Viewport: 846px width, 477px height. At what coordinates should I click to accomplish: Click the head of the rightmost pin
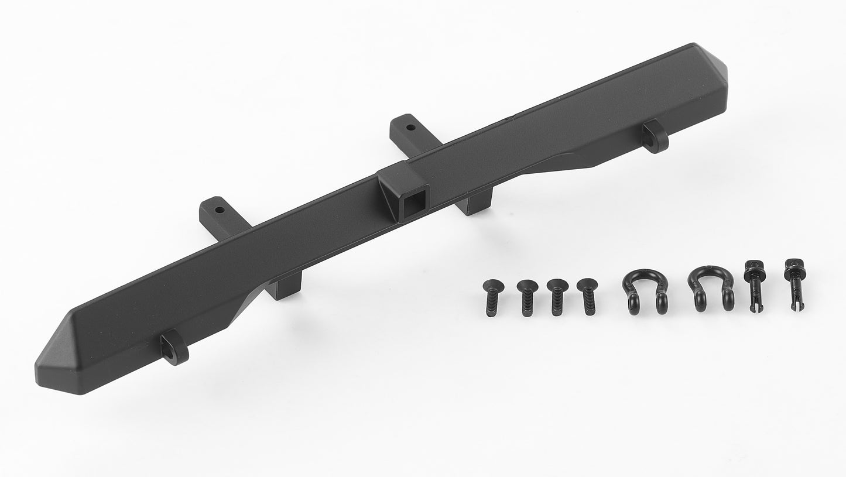[x=791, y=265]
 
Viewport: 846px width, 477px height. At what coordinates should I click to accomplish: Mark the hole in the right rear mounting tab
[x=410, y=126]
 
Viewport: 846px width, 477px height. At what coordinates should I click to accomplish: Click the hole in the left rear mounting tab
[x=220, y=209]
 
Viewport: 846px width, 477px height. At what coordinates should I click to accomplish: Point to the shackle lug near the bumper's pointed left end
[x=173, y=346]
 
